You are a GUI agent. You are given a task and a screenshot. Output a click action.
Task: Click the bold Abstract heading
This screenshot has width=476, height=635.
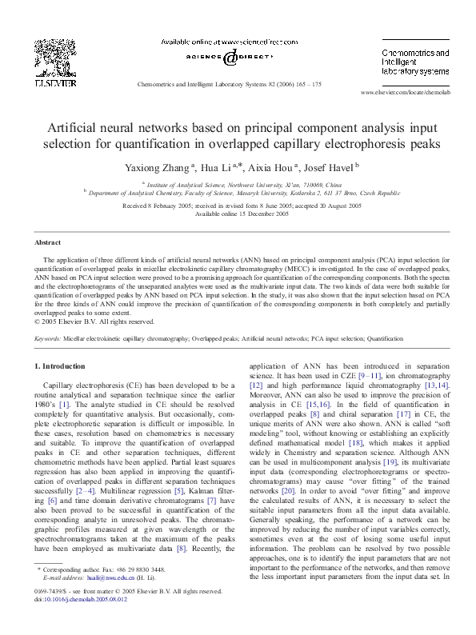click(47, 242)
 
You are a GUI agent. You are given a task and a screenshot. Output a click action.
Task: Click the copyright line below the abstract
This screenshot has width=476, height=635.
click(94, 321)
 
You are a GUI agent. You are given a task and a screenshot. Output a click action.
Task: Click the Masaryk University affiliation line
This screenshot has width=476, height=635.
click(242, 193)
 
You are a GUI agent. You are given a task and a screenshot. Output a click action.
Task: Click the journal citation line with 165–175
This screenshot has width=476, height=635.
click(230, 83)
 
